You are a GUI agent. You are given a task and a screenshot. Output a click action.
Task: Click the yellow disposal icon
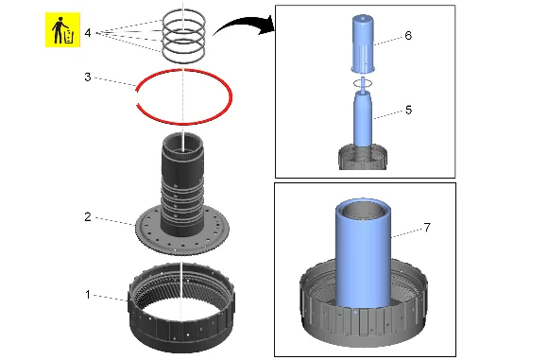[62, 29]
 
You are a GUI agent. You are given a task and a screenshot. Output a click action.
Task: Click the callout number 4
[88, 33]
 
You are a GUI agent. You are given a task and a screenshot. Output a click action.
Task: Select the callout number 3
[88, 77]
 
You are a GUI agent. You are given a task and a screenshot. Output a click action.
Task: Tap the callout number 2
[88, 217]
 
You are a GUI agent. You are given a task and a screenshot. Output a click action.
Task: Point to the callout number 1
[88, 295]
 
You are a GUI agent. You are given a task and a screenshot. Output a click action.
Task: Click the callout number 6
[408, 35]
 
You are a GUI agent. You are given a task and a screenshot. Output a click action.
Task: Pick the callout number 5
[408, 111]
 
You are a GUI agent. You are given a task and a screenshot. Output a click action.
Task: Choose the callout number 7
[427, 228]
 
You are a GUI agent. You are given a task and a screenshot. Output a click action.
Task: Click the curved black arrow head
[268, 25]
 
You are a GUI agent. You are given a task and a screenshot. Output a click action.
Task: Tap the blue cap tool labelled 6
[363, 43]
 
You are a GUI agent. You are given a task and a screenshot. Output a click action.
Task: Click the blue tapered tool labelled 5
[363, 119]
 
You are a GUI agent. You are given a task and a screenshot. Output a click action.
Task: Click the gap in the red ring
[137, 96]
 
